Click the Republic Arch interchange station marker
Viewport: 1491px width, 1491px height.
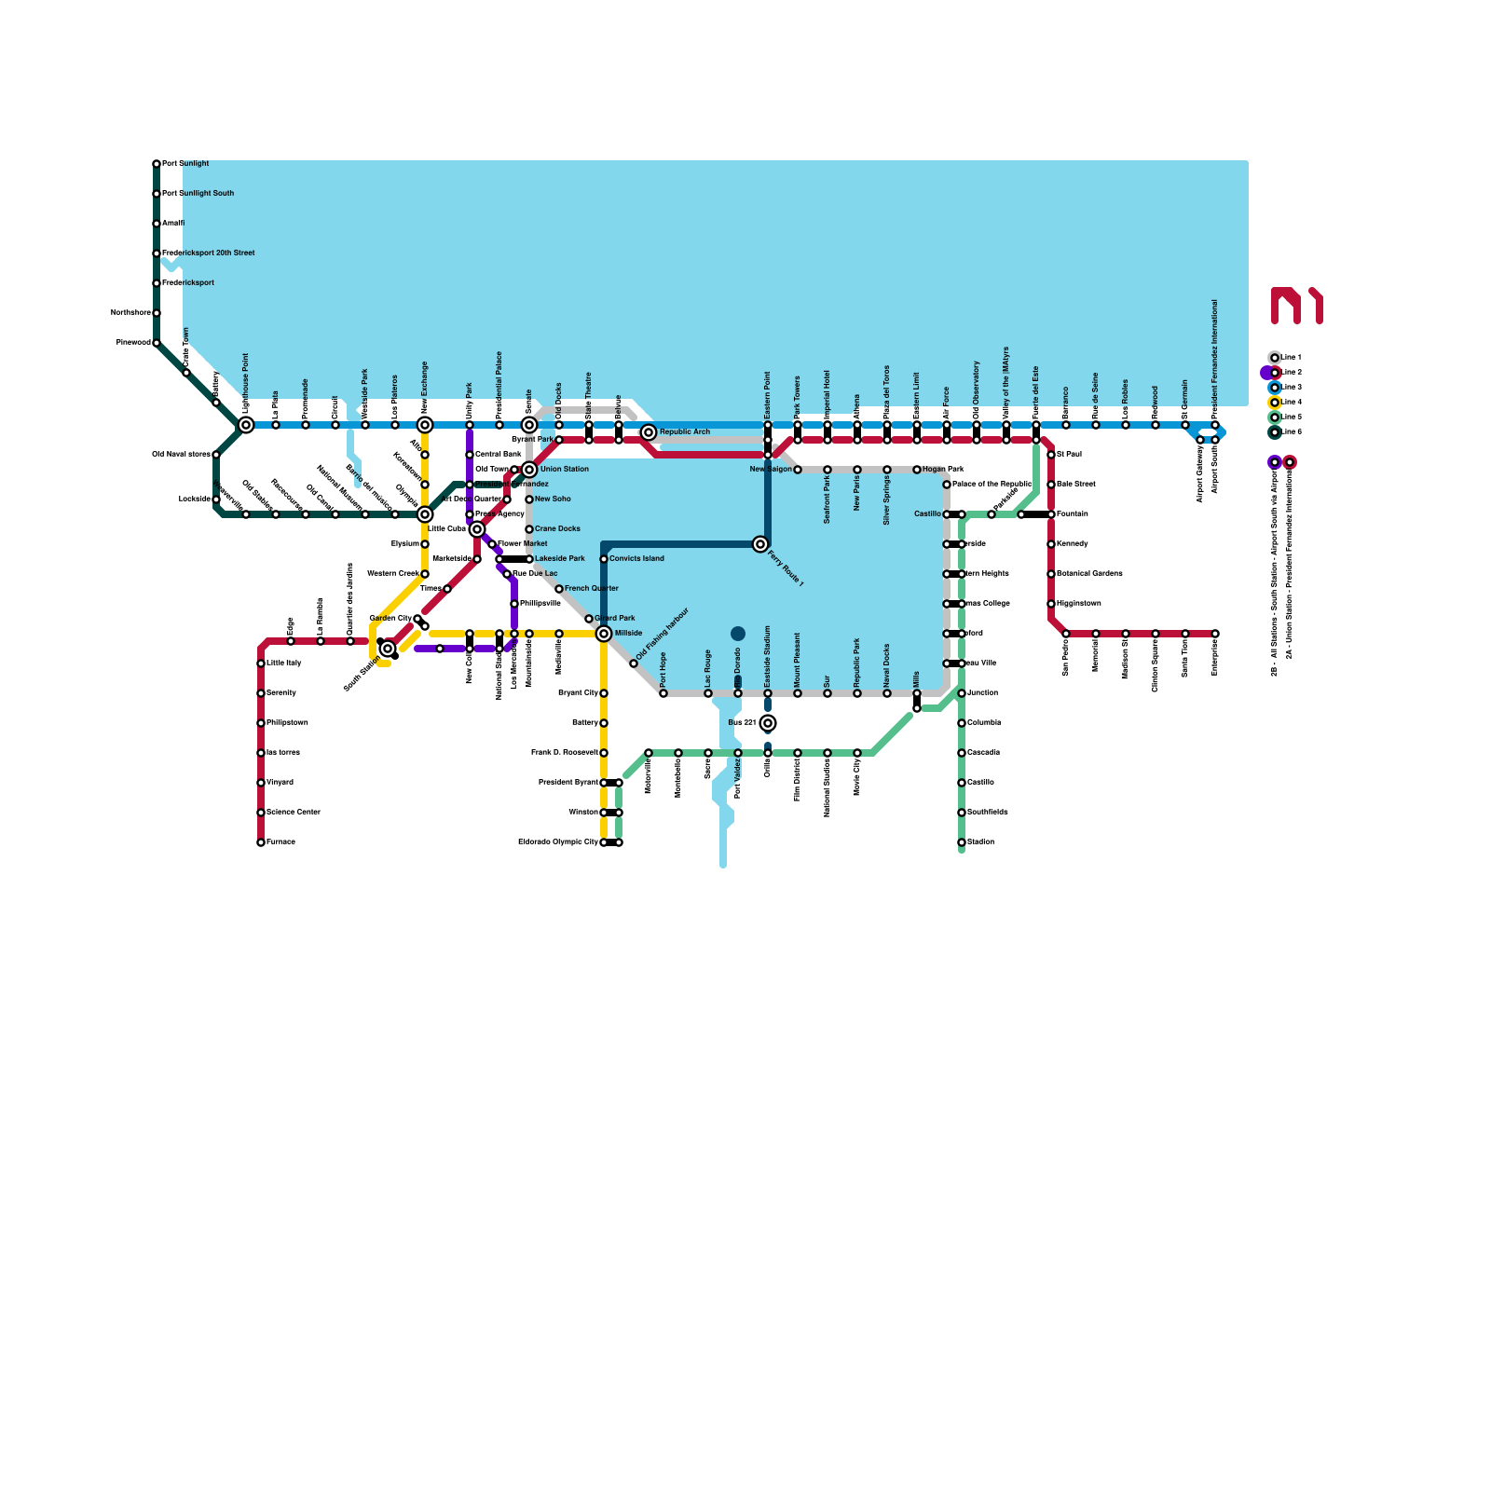point(649,432)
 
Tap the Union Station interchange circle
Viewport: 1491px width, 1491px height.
point(529,470)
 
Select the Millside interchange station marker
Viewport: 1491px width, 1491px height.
point(604,634)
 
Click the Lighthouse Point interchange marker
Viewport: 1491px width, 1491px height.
point(246,425)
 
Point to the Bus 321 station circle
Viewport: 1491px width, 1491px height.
point(768,723)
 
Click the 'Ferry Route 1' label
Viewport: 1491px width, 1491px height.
point(786,568)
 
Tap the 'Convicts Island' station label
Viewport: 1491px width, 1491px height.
point(636,559)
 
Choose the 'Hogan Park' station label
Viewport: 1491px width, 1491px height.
point(943,470)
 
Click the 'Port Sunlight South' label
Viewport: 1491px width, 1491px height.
point(198,194)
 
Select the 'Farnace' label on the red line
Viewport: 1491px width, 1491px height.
point(280,842)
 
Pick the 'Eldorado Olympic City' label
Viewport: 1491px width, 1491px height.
point(558,842)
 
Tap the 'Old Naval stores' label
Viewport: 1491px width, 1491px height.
point(181,455)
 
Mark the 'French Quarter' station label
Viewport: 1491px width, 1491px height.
point(591,589)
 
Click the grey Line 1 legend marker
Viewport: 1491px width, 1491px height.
point(1275,358)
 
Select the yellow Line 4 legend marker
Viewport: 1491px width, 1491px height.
point(1275,403)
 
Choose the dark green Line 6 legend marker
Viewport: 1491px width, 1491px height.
point(1275,432)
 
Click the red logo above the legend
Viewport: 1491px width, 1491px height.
point(1296,306)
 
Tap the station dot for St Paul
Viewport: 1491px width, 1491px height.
point(1051,455)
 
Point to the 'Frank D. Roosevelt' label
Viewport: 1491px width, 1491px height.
point(564,753)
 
